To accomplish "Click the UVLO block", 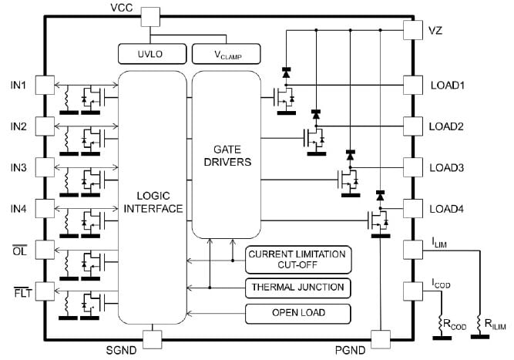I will tap(150, 54).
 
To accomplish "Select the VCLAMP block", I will tap(227, 54).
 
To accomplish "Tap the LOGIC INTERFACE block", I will tap(152, 197).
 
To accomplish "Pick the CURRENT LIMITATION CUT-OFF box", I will tap(297, 258).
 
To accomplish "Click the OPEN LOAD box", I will tap(297, 313).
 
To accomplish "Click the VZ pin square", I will tap(414, 29).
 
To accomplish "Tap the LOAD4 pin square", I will tap(414, 208).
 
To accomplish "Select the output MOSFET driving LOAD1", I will tap(285, 98).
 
